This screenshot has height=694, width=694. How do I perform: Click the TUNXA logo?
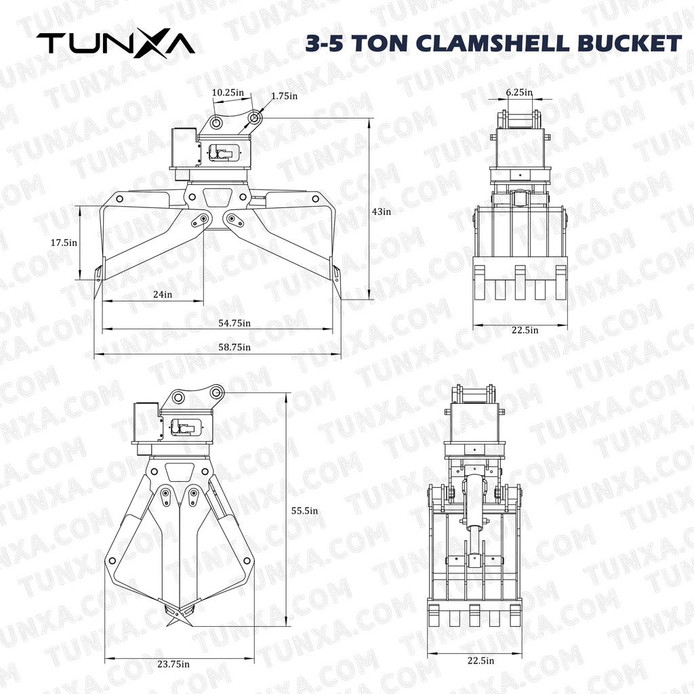(116, 43)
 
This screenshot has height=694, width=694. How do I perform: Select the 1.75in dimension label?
(284, 96)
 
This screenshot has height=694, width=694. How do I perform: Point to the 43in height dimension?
(382, 211)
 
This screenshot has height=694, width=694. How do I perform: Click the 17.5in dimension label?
(64, 241)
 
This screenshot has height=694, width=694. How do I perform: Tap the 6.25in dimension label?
(519, 92)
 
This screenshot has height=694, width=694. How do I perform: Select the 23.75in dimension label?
(173, 664)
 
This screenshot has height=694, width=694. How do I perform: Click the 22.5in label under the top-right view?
(525, 330)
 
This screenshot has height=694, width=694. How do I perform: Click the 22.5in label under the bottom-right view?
(480, 661)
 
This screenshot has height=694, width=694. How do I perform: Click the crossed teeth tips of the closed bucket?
(179, 615)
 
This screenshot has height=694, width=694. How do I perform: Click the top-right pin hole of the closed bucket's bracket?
(216, 392)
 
